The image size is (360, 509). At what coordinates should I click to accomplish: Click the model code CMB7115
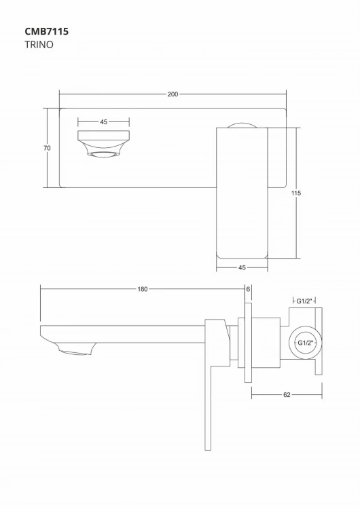coord(46,31)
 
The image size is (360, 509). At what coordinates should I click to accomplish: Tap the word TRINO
coord(38,45)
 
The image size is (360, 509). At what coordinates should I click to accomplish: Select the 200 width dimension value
coord(173,94)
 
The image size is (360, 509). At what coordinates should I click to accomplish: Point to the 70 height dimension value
coord(47,148)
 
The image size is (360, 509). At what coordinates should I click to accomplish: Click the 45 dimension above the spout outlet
coord(103,122)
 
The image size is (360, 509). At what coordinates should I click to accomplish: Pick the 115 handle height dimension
coord(296,193)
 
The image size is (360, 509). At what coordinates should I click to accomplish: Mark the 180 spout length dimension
coord(142,289)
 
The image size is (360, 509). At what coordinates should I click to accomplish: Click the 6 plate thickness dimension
coord(249,289)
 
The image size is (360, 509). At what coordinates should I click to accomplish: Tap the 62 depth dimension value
coord(287,394)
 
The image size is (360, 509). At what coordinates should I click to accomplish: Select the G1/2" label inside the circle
coord(305,343)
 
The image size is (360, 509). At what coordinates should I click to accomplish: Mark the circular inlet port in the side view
coord(305,343)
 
